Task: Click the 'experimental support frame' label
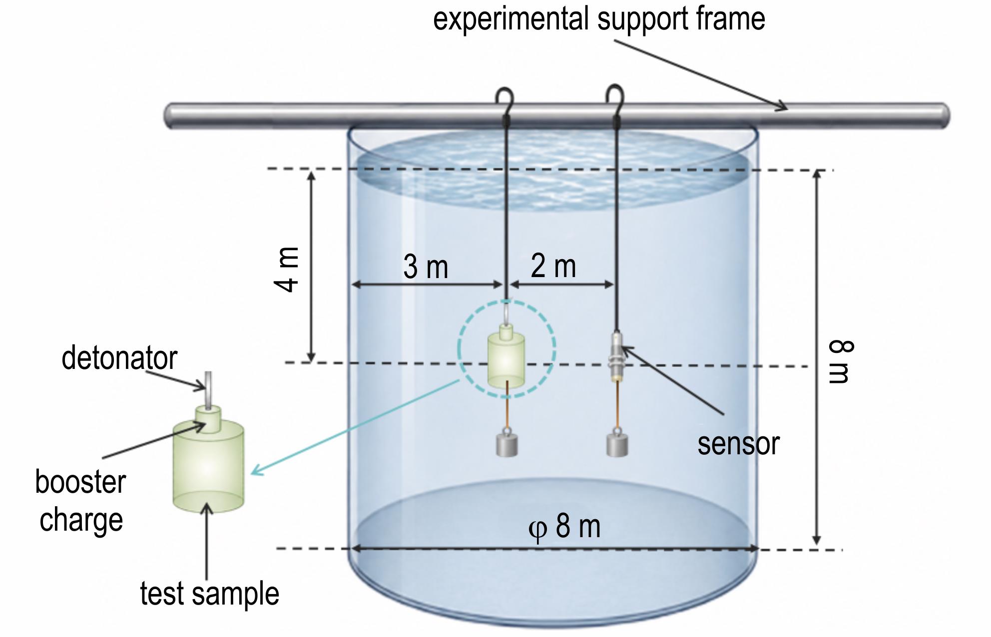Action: [x=599, y=19]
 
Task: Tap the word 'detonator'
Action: [x=119, y=358]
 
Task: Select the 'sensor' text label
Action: [x=738, y=444]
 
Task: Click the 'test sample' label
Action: [x=209, y=594]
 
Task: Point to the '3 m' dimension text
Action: [x=426, y=267]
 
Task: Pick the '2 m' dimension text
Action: [x=553, y=266]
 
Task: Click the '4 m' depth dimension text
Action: [x=286, y=269]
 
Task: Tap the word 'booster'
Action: [x=80, y=482]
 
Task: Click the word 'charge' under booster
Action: [x=81, y=521]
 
